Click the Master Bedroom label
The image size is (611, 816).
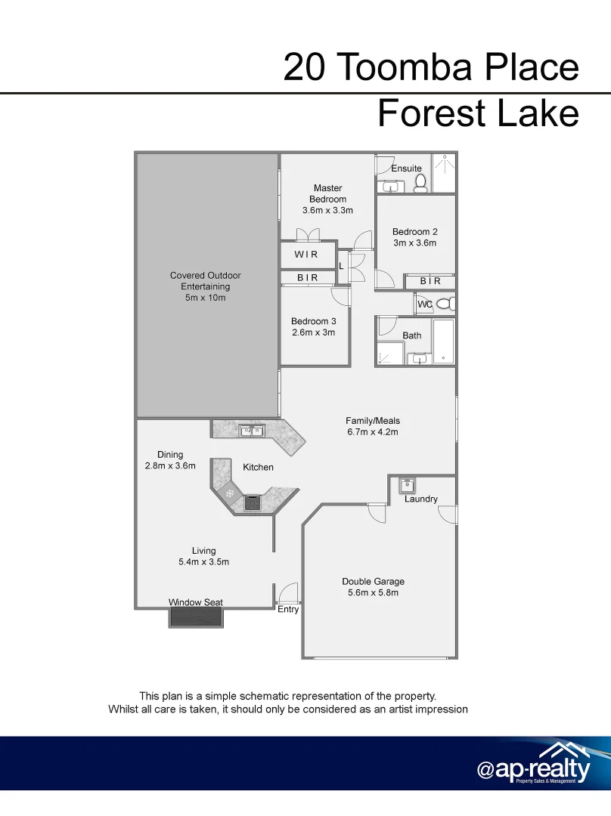[327, 193]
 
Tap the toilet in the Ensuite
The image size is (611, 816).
[420, 183]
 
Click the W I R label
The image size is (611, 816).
[306, 255]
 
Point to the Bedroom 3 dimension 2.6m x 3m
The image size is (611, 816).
[314, 332]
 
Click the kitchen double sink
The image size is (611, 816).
[251, 431]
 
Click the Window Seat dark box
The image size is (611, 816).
[196, 617]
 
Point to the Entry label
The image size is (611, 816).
[288, 610]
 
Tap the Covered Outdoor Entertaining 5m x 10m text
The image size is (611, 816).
[206, 287]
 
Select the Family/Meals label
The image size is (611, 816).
[373, 421]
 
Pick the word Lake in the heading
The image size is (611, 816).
[538, 113]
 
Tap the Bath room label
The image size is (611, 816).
[412, 335]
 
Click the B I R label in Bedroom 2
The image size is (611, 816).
[430, 281]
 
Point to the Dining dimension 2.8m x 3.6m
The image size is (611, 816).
[170, 465]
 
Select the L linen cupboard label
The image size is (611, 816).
[341, 266]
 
